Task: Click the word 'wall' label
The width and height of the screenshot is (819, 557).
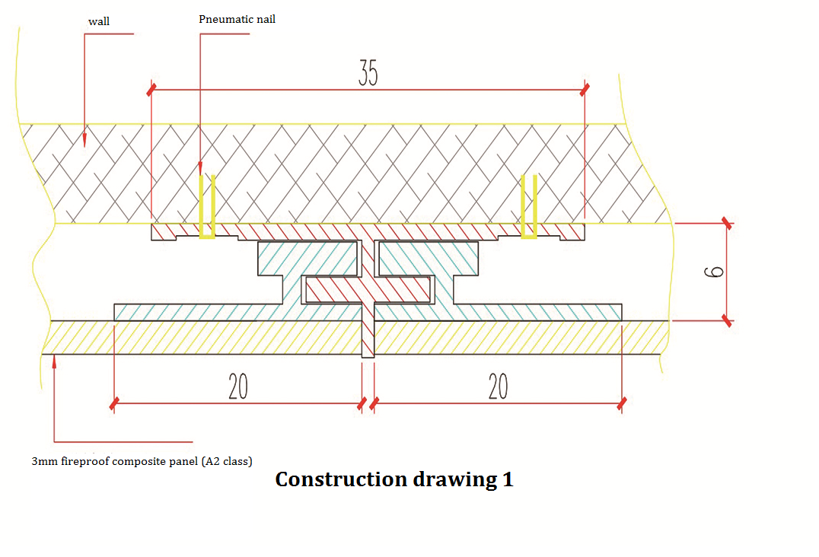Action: point(99,21)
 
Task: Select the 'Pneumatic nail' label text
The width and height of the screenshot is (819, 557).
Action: point(237,19)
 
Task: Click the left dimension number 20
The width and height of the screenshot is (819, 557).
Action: point(238,387)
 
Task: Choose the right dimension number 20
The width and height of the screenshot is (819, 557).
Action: point(499,387)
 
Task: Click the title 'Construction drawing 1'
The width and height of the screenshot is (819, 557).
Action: point(394,479)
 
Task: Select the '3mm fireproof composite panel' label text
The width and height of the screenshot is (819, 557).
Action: point(142,460)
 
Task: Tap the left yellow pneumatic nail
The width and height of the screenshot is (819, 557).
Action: point(207,206)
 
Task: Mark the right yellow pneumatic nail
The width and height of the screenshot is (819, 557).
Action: point(529,206)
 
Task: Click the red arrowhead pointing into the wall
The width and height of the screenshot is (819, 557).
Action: point(84,139)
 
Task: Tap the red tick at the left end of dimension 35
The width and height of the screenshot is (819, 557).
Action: point(151,89)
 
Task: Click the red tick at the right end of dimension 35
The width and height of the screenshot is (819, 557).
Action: point(584,89)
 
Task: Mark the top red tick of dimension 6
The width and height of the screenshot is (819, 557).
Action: point(727,224)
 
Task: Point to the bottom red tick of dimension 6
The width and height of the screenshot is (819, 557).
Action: point(727,321)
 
